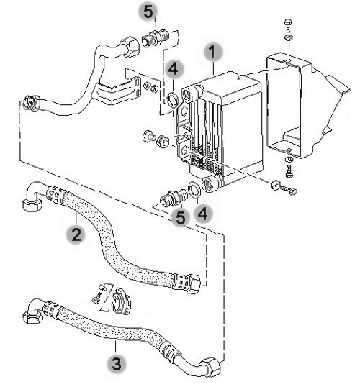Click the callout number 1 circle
(213, 52)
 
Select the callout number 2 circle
(76, 234)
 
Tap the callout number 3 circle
(117, 364)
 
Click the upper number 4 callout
(174, 68)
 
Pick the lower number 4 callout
(203, 214)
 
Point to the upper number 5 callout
(148, 12)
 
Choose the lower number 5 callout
(181, 217)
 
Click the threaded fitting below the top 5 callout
(156, 38)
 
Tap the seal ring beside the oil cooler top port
(173, 99)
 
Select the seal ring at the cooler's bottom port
(194, 190)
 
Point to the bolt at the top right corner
(288, 25)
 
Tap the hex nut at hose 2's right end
(193, 283)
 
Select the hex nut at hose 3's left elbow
(32, 317)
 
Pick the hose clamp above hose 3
(121, 301)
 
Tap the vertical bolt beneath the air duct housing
(289, 171)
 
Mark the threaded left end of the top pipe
(31, 103)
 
